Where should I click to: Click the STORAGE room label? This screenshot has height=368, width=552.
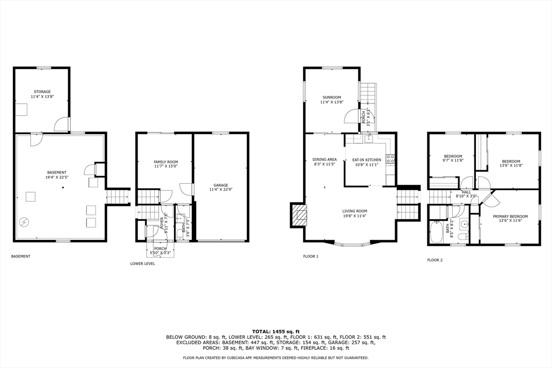tap(42, 92)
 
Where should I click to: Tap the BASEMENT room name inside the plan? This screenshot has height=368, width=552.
tap(57, 172)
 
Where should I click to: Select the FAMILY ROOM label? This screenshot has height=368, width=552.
tap(165, 162)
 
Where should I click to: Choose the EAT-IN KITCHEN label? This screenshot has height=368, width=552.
tap(367, 160)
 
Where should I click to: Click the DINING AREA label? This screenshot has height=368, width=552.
tap(325, 159)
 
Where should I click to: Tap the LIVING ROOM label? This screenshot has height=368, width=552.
tap(355, 211)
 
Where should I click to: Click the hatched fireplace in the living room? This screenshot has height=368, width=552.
tap(298, 217)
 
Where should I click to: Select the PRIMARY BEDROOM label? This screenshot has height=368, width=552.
tap(510, 216)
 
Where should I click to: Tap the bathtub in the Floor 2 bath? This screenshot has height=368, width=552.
tap(437, 233)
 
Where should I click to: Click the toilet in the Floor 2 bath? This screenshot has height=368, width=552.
tap(462, 236)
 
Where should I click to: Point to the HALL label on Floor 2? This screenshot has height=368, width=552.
tap(466, 192)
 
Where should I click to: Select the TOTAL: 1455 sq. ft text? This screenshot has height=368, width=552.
tap(275, 331)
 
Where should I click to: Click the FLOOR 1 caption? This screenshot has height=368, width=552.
tap(310, 256)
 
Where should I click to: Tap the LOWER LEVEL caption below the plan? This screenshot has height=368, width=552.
tap(142, 263)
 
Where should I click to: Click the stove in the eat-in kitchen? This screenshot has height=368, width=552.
tap(390, 159)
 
